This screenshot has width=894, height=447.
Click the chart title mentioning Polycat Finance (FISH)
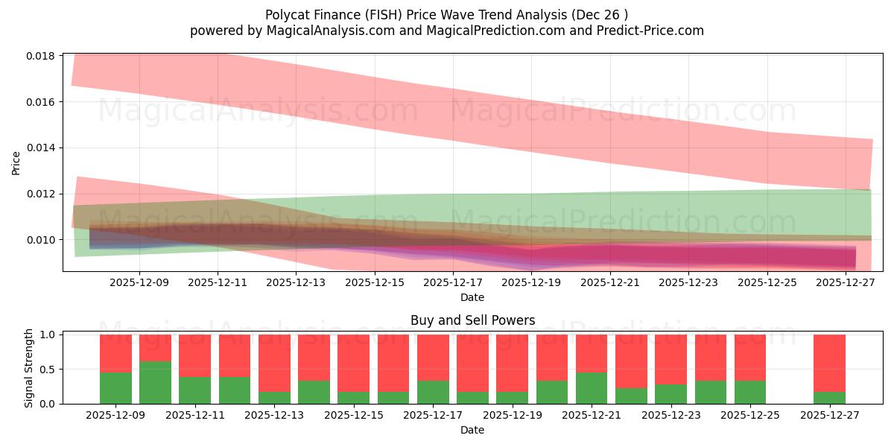[x=446, y=15]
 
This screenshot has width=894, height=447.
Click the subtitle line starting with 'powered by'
[x=446, y=31]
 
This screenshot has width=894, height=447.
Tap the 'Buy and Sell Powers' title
[x=472, y=321]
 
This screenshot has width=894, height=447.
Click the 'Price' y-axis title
[x=16, y=162]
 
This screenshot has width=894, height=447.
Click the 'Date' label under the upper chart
[x=472, y=297]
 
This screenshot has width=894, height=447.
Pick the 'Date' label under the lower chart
[x=472, y=430]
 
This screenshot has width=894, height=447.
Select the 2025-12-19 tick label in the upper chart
[x=531, y=283]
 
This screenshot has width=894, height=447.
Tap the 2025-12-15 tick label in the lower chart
[x=352, y=416]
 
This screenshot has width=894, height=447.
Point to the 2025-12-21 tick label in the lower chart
[x=591, y=416]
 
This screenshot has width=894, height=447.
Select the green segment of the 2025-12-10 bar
[x=155, y=382]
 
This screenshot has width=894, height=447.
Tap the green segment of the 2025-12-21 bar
[x=591, y=388]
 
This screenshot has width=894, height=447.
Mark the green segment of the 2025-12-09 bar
[x=115, y=388]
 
